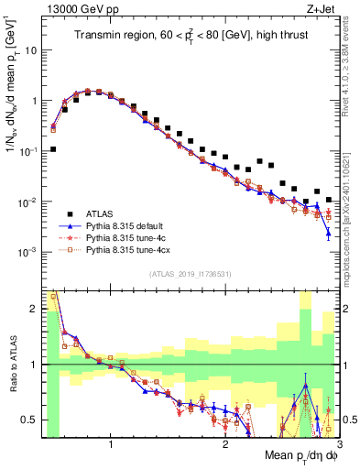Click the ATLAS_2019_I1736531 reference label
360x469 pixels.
190,275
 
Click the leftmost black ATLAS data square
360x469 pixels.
53,148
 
